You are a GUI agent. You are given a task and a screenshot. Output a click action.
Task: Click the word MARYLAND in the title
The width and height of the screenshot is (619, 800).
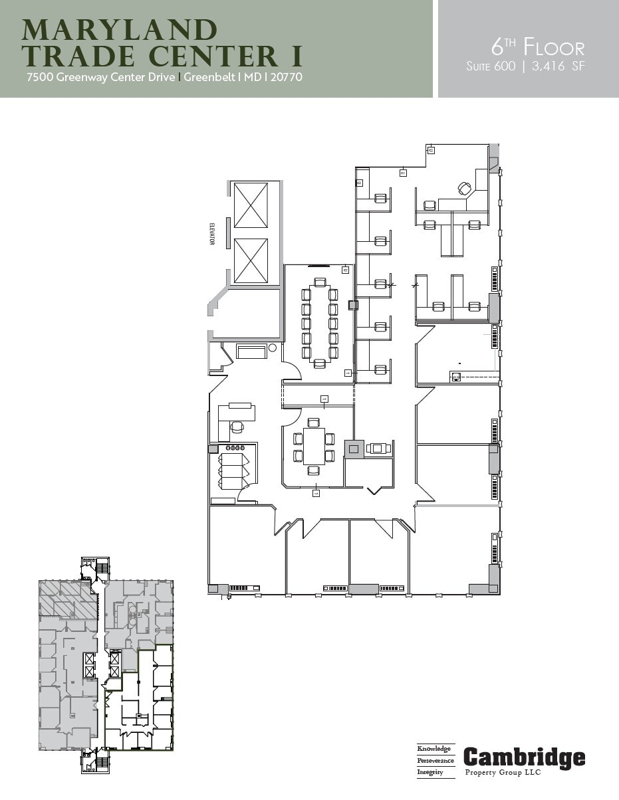[120, 31]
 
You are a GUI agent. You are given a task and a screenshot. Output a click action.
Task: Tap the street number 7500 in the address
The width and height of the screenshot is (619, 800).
[40, 77]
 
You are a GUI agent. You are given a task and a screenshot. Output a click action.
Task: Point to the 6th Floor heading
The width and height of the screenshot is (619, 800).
[537, 47]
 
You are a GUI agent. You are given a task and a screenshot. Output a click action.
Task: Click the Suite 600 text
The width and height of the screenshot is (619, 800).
[491, 66]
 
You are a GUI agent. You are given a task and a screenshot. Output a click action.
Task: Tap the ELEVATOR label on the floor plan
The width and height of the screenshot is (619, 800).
[212, 233]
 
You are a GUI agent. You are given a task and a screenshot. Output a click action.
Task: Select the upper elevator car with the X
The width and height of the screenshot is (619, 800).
[251, 205]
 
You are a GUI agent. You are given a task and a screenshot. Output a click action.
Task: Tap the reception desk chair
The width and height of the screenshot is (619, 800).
[237, 427]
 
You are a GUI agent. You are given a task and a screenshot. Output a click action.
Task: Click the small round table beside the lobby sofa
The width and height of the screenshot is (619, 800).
[272, 348]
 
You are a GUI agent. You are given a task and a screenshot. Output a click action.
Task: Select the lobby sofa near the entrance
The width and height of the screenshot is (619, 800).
[251, 351]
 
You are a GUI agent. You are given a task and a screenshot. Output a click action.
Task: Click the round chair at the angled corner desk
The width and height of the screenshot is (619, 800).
[464, 189]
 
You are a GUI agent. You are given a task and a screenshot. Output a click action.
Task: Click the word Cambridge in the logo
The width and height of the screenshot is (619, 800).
[524, 758]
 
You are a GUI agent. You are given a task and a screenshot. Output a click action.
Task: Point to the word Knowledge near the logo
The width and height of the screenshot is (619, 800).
[434, 749]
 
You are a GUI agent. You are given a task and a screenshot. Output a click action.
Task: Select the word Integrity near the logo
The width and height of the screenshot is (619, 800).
[431, 772]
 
